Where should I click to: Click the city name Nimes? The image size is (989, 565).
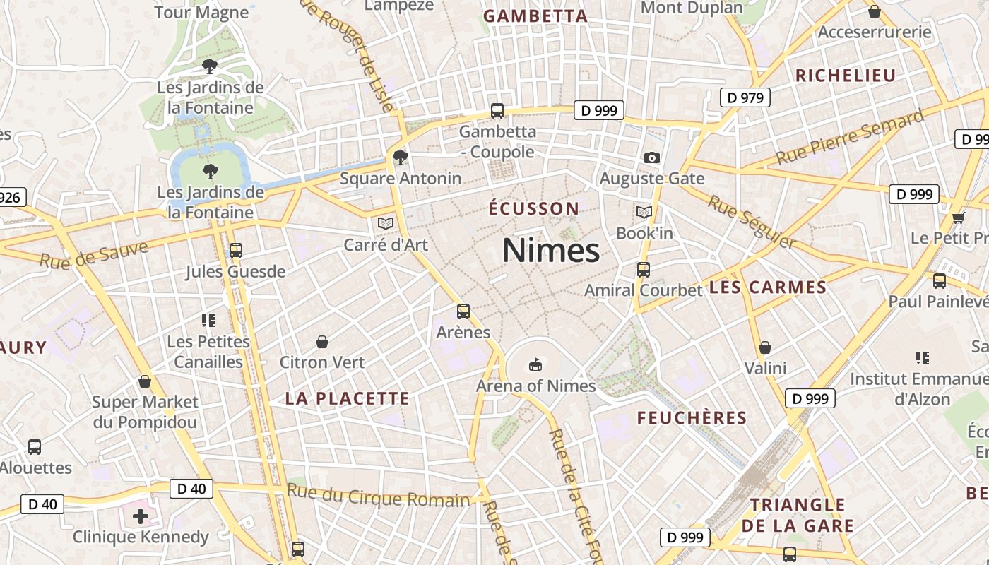tap(551, 251)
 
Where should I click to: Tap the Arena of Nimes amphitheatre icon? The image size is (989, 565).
tap(535, 364)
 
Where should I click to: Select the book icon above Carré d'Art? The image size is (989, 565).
tap(385, 223)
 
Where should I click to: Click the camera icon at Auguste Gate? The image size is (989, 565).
tap(652, 157)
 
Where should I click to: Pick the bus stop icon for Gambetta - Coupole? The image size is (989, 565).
tap(497, 111)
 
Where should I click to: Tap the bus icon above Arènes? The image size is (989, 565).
tap(463, 311)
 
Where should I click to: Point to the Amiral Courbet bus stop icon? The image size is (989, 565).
tap(643, 269)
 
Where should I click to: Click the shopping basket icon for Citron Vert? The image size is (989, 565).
tap(322, 342)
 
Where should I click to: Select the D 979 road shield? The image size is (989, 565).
tap(745, 97)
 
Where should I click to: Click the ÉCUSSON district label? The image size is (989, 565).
tap(534, 208)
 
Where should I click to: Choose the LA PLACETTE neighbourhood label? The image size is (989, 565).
tap(347, 398)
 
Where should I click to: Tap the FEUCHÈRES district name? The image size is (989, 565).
tap(692, 417)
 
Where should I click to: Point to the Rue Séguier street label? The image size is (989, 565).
tap(752, 222)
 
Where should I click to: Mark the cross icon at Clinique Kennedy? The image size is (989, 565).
tap(141, 516)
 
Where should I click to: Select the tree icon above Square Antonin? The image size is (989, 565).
tap(401, 157)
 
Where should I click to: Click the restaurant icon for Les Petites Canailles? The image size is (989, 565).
tap(208, 321)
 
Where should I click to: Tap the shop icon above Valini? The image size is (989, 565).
tap(765, 347)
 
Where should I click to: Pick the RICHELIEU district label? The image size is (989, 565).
tap(845, 76)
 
